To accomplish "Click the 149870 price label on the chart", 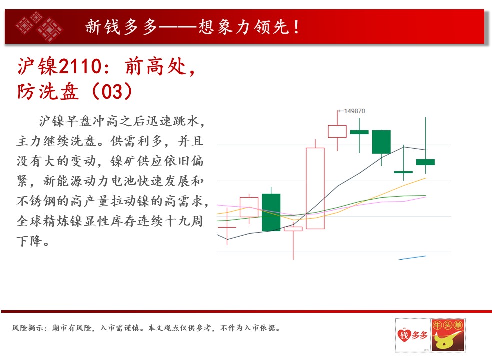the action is [x=354, y=111].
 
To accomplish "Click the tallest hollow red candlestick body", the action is [x=315, y=189].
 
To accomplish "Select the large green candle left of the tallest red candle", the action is [x=271, y=212].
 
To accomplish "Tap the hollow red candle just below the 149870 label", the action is [x=337, y=131].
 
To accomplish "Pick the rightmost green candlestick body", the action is [x=425, y=162].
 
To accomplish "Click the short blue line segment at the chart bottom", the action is [x=412, y=258].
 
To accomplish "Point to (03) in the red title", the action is [x=112, y=91].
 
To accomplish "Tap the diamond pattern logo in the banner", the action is [x=40, y=27].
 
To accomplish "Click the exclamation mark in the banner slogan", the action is [x=296, y=27].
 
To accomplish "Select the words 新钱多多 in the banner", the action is [x=121, y=27].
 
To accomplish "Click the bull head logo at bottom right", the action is [x=448, y=335].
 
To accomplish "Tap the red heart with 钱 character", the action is [x=404, y=335].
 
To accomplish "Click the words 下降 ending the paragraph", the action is [x=29, y=241].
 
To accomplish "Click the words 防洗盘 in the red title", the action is [x=48, y=91].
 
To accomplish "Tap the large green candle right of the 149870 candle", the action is [x=381, y=142].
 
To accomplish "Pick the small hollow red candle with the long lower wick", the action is [x=293, y=229].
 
